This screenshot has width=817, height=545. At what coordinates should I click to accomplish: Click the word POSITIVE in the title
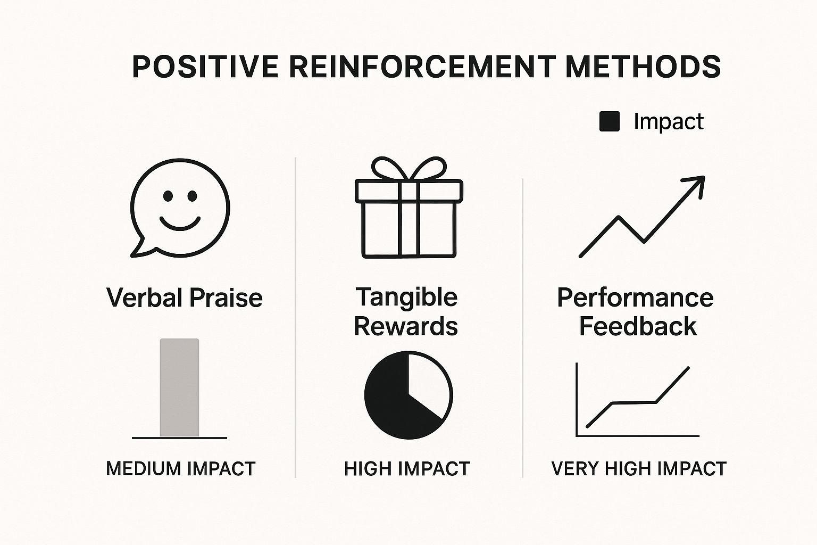(x=205, y=67)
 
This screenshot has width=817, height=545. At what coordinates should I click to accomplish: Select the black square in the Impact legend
(x=610, y=121)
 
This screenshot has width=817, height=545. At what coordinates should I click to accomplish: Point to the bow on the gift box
(x=409, y=169)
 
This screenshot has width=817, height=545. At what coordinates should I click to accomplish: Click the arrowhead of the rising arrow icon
(x=696, y=184)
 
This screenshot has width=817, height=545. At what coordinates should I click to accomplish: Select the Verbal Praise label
(x=184, y=298)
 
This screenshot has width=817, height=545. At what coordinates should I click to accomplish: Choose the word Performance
(x=636, y=298)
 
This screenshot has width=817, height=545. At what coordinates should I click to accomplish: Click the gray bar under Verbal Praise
(x=179, y=387)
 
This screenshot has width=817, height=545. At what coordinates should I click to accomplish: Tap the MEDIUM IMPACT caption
(x=180, y=469)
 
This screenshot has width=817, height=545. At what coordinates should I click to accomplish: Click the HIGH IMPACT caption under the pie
(x=407, y=469)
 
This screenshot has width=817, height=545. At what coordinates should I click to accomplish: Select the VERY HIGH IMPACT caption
(x=639, y=469)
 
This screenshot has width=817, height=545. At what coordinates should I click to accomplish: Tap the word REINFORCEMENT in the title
(x=422, y=67)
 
